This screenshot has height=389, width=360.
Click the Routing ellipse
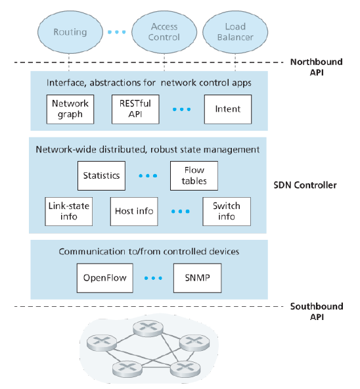pyautogui.click(x=70, y=32)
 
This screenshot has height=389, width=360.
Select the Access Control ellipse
pyautogui.click(x=164, y=32)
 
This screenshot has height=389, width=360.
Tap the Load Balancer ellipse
pyautogui.click(x=235, y=32)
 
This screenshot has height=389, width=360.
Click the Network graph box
pyautogui.click(x=70, y=109)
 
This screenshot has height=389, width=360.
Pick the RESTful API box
pyautogui.click(x=135, y=109)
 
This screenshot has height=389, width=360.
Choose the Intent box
pyautogui.click(x=228, y=109)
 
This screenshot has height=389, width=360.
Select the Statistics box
pyautogui.click(x=101, y=175)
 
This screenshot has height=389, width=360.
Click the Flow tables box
pyautogui.click(x=194, y=175)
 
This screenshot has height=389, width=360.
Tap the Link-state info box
pyautogui.click(x=69, y=212)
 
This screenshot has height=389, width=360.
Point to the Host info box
pyautogui.click(x=134, y=212)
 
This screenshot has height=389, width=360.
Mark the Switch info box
pyautogui.click(x=227, y=212)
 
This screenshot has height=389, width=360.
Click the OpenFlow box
pyautogui.click(x=104, y=278)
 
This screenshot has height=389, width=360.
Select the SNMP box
pyautogui.click(x=198, y=278)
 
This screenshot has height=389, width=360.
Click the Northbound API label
pyautogui.click(x=317, y=67)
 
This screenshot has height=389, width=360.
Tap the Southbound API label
pyautogui.click(x=317, y=311)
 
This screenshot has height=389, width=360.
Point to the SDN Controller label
pyautogui.click(x=305, y=185)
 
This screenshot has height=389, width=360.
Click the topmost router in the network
pyautogui.click(x=148, y=328)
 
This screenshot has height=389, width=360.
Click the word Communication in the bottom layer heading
pyautogui.click(x=93, y=252)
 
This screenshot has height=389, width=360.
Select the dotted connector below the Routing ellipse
pyautogui.click(x=69, y=62)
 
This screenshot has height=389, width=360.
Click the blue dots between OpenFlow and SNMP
pyautogui.click(x=153, y=278)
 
